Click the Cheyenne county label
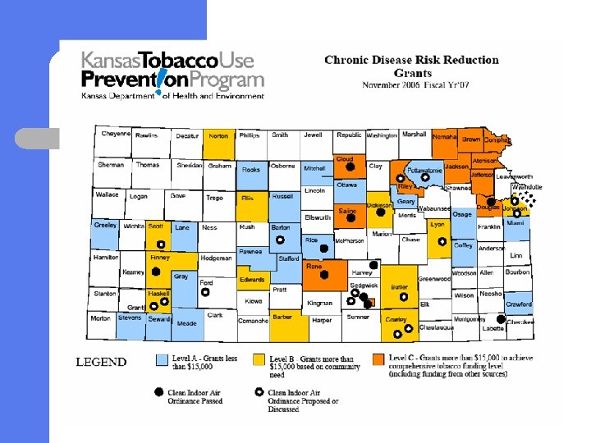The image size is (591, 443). pos(116,134)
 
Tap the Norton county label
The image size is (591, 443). pos(218,136)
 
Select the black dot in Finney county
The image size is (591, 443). pos(155,272)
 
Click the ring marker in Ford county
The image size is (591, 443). pos(206,291)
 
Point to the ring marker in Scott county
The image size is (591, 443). pos(160,244)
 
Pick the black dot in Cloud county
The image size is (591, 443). pos(350,167)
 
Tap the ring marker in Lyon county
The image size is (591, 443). pos(442,242)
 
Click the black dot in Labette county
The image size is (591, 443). pos(500,319)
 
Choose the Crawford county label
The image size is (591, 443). pos(518,304)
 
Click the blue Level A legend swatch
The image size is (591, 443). pos(163,359)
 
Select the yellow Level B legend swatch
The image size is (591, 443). pos(259,359)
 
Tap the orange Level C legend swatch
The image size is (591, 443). pos(378,359)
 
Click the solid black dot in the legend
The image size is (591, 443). pos(159,393)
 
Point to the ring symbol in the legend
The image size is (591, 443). pos(259,393)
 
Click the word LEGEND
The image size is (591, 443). pos(101,362)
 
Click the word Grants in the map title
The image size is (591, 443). pos(411,72)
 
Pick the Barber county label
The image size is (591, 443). pos(282,316)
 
